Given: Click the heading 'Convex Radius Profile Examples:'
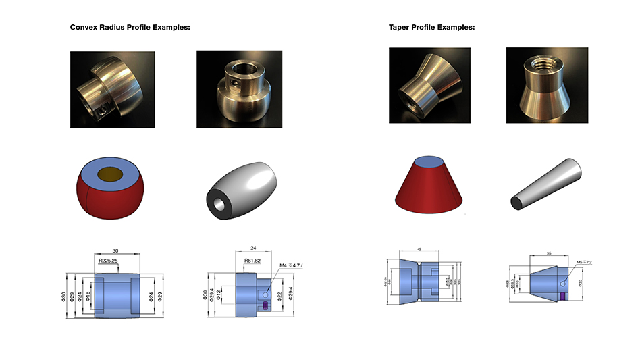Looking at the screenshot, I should [x=130, y=28].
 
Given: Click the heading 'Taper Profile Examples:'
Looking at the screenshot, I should [x=431, y=28].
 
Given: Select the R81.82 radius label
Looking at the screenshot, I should [x=253, y=259].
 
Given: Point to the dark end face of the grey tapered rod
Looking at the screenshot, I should [x=514, y=201].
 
